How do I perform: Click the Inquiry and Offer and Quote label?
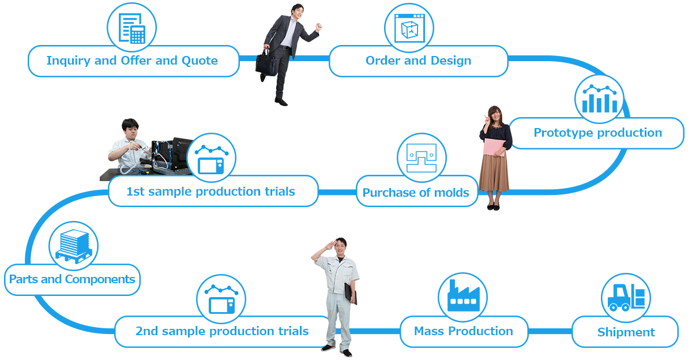132,61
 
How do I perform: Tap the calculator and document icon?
132,28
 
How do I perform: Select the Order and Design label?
418,61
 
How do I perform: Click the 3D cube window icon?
409,28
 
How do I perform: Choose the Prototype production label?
598,133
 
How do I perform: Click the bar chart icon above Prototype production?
599,99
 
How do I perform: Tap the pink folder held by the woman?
494,147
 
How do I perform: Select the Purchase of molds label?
416,193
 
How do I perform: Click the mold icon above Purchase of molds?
422,157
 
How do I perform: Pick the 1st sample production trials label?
210,192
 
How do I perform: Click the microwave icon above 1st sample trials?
211,159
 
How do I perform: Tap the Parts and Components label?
72,279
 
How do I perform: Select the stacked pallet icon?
74,246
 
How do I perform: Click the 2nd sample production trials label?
222,331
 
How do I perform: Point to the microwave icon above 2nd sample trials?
221,299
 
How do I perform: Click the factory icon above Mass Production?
463,295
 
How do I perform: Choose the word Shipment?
626,332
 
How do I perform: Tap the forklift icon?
626,297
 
